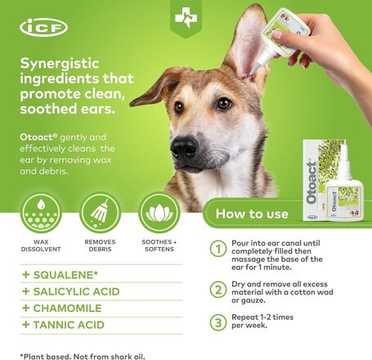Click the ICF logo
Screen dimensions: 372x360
tap(43, 27)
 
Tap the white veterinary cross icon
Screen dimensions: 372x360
tap(186, 17)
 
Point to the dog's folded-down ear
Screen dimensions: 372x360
tap(155, 88)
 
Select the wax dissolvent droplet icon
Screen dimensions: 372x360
tap(41, 213)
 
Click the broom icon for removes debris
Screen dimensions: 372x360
tap(100, 213)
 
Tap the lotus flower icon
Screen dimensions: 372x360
tap(159, 213)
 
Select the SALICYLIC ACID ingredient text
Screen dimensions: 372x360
tap(76, 291)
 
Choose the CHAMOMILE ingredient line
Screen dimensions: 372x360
tap(67, 308)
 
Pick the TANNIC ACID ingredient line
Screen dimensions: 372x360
tap(69, 325)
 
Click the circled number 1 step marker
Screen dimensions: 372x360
tap(218, 249)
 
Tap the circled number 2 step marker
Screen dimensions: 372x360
tap(218, 290)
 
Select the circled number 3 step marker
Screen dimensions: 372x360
tap(218, 322)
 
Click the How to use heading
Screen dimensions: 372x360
tap(252, 214)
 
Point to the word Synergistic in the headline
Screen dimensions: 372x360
tap(60, 65)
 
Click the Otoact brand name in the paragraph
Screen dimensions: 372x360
tap(38, 137)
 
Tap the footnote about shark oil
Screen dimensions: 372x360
tap(83, 357)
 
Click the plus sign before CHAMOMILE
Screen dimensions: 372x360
tap(26, 308)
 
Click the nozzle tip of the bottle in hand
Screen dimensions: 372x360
tap(252, 73)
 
